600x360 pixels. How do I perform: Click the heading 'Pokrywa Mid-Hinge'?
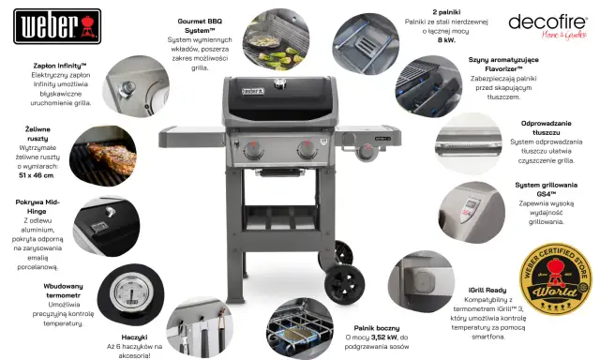[x=37, y=205]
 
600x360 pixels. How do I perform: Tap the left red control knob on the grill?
[x=255, y=150]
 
